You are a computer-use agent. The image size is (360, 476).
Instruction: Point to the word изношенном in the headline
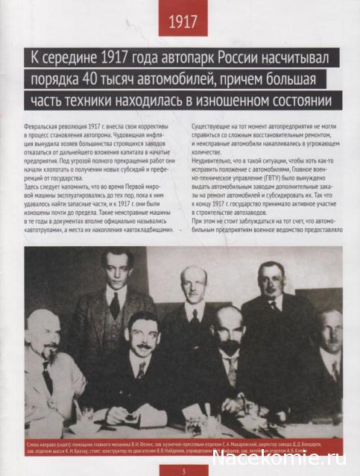pos(225,100)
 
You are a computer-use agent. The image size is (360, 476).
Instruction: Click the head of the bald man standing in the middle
pos(194,284)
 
